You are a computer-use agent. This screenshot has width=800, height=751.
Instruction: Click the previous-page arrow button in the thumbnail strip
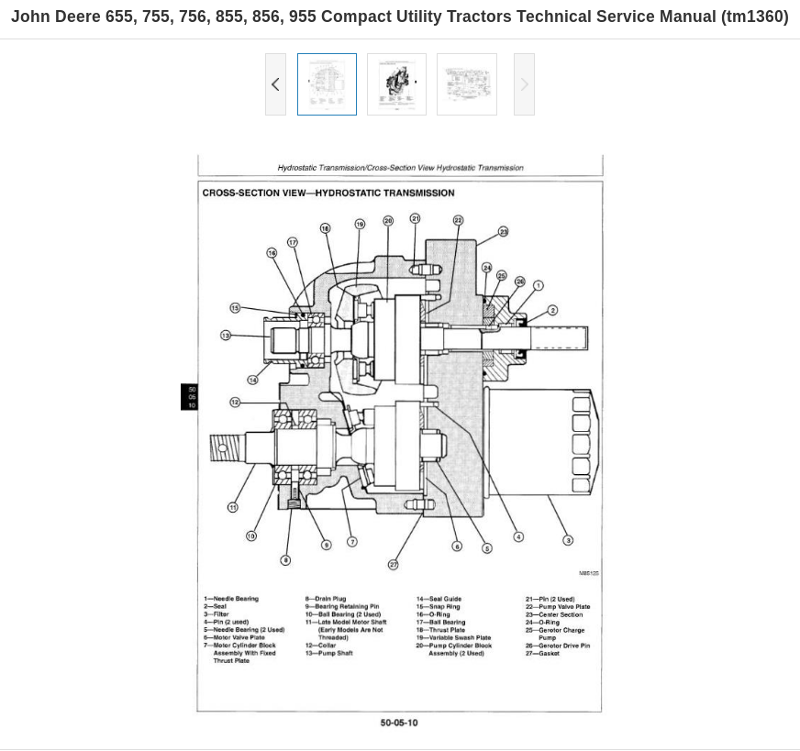point(275,84)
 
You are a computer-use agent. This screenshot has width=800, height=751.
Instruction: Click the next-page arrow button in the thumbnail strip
point(524,84)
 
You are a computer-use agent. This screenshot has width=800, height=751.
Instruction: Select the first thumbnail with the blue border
point(327,84)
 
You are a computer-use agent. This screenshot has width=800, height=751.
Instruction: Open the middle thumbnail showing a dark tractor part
point(396,84)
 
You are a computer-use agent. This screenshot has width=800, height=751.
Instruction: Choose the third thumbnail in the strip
point(466,84)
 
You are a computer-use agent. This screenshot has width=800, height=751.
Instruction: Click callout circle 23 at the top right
point(504,232)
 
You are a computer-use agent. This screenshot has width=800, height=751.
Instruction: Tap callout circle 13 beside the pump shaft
point(226,336)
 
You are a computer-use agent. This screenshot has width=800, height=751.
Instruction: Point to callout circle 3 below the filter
point(568,540)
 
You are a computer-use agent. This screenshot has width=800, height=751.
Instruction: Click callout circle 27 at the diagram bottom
point(394,565)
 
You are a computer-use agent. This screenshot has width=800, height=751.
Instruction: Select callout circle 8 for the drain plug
point(285,560)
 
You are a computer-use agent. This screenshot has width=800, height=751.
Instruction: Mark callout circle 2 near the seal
point(552,311)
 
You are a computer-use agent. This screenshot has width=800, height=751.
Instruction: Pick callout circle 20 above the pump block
point(388,221)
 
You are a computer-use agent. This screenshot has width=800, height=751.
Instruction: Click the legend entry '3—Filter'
point(217,614)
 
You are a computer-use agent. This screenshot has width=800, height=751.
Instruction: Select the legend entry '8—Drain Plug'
point(326,599)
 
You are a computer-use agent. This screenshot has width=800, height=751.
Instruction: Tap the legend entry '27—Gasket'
point(542,654)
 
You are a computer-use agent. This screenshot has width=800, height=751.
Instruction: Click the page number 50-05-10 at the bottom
point(399,723)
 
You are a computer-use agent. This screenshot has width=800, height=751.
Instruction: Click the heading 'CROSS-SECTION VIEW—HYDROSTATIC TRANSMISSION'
point(328,193)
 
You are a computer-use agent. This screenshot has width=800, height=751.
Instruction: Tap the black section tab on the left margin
point(190,397)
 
